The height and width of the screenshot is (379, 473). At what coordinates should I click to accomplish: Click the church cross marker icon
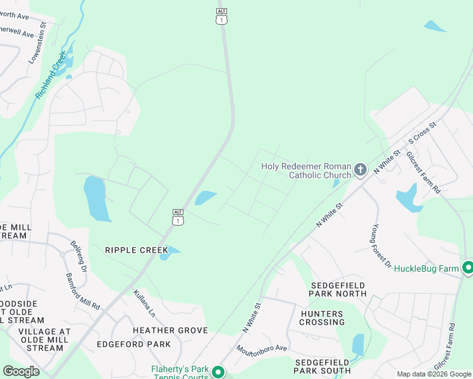360,169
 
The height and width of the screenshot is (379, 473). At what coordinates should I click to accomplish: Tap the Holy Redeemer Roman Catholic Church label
306,171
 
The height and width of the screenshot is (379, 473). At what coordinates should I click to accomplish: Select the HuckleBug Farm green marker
468,268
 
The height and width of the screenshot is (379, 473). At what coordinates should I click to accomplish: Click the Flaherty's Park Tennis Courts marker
218,372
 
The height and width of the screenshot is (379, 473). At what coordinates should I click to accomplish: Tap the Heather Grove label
170,330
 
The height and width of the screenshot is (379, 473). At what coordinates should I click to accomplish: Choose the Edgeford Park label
133,344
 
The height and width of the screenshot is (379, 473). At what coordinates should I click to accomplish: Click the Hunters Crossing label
322,318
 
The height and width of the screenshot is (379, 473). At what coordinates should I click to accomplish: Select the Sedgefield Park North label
338,289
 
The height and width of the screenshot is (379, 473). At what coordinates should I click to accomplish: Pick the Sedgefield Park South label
322,366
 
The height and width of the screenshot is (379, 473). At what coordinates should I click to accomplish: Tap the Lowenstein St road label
39,43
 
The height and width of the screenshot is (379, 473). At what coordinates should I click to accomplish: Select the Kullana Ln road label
144,303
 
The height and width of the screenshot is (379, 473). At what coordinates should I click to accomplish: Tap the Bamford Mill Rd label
83,291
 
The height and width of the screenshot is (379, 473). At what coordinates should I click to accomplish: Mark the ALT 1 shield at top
221,16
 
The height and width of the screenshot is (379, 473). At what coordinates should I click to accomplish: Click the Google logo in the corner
21,371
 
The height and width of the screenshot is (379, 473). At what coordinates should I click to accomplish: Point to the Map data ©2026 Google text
434,374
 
